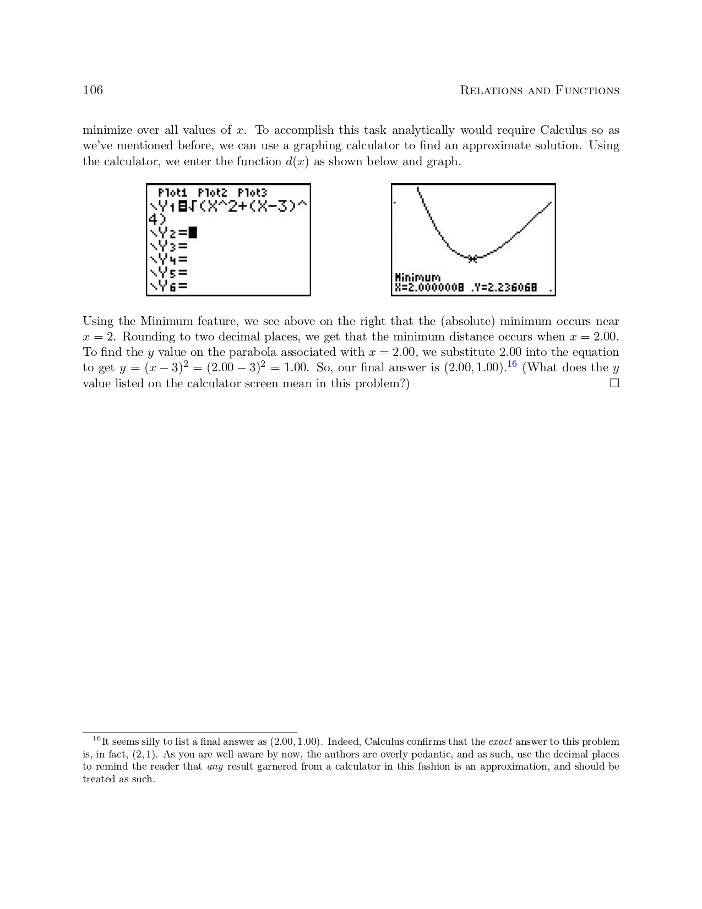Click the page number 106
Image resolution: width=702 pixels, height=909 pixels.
click(92, 90)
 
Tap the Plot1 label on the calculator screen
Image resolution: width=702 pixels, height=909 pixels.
click(172, 193)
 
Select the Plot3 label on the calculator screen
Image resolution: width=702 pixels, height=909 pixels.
click(252, 193)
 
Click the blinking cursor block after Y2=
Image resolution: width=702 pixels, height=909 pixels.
click(193, 232)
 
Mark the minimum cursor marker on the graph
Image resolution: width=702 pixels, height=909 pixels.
click(472, 258)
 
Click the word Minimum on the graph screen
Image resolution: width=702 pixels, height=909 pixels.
click(417, 278)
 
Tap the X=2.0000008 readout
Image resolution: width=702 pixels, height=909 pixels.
click(429, 288)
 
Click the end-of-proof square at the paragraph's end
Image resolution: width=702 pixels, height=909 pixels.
click(614, 383)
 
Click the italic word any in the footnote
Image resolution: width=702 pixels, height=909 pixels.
click(215, 767)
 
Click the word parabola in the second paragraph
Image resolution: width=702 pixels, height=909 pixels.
click(227, 353)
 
